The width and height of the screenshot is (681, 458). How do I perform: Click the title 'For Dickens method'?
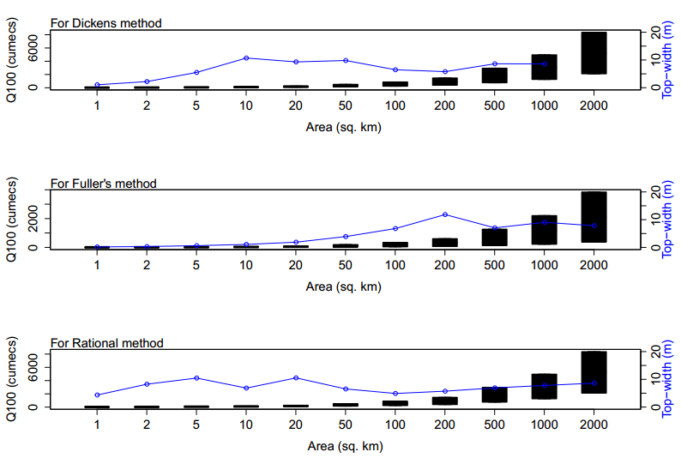click(105, 23)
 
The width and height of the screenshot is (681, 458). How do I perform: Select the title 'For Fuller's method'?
click(103, 184)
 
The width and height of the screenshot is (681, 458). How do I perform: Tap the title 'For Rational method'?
click(106, 343)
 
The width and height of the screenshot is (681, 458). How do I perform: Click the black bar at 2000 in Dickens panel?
click(594, 53)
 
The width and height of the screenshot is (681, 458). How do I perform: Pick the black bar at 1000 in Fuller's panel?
click(544, 230)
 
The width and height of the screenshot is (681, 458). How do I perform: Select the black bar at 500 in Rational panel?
click(494, 395)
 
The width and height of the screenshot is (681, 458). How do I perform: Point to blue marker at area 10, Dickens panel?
click(246, 57)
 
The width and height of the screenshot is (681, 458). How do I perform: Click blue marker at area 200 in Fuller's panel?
click(444, 214)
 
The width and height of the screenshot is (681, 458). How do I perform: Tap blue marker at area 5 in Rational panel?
click(196, 377)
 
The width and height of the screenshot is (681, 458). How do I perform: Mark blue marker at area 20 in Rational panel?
click(296, 377)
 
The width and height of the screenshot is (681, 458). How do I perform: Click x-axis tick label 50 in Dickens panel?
click(346, 105)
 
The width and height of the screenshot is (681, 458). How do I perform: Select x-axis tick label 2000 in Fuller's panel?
click(594, 265)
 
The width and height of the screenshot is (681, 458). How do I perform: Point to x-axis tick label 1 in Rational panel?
click(98, 425)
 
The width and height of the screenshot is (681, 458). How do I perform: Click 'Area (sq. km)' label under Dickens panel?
click(344, 127)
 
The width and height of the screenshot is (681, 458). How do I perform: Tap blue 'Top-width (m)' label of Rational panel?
click(667, 379)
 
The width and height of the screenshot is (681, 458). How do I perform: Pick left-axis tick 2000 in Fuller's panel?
click(34, 219)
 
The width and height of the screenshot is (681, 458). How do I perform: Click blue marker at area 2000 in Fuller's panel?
click(594, 226)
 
